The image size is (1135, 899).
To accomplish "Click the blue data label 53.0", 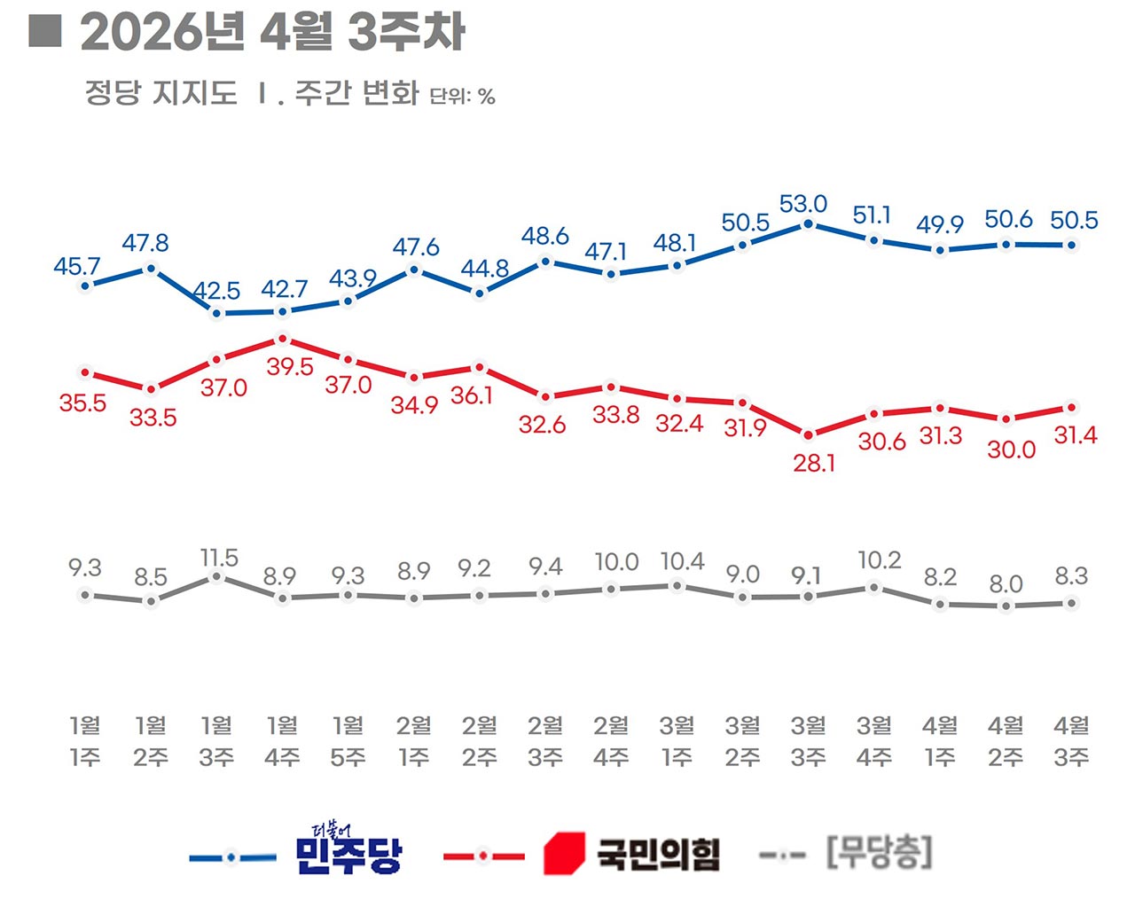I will click(802, 204).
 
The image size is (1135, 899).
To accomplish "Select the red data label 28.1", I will click(813, 463).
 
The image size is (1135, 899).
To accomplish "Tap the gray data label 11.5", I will click(219, 558).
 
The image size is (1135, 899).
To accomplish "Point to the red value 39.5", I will click(290, 366).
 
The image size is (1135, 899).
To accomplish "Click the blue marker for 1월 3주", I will click(216, 313).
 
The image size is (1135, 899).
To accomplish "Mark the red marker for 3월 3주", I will click(808, 435).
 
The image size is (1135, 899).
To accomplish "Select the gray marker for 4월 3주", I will click(1071, 604).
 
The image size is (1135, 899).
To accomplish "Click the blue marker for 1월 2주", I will click(151, 268).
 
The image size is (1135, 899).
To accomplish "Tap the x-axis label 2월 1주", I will click(414, 741).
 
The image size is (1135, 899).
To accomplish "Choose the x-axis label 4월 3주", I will click(1071, 741).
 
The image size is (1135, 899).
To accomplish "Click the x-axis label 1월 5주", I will click(348, 741).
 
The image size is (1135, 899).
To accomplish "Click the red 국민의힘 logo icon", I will click(564, 853).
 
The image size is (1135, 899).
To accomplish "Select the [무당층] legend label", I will click(879, 853).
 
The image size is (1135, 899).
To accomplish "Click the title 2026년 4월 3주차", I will click(272, 33).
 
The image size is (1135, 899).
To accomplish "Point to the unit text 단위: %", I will click(462, 96).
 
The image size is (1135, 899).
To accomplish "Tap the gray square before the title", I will click(44, 31).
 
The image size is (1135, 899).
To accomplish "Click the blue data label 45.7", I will click(77, 266).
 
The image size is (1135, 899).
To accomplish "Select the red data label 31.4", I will click(1076, 434).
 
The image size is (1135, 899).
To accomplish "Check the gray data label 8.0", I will click(1006, 584).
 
